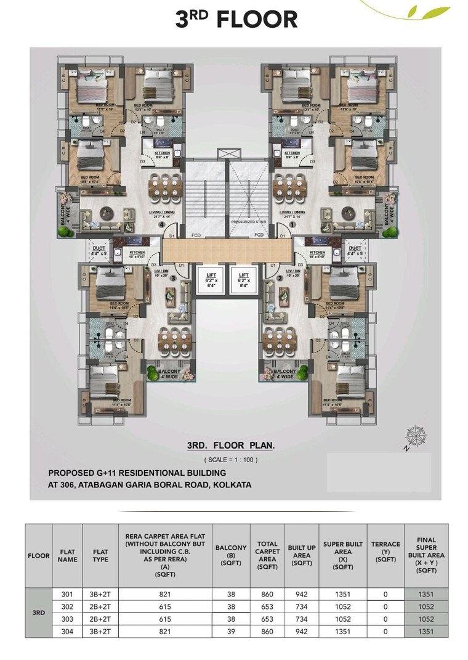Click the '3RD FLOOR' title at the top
236,19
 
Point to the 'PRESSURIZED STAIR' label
248,221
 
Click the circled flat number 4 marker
161,225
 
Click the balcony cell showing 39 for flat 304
231,631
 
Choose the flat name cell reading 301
68,594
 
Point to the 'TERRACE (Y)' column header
385,552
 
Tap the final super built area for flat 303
426,619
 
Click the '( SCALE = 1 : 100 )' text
231,460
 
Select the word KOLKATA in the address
231,485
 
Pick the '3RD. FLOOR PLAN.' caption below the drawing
231,445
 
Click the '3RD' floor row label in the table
38,613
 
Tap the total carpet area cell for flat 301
268,594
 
